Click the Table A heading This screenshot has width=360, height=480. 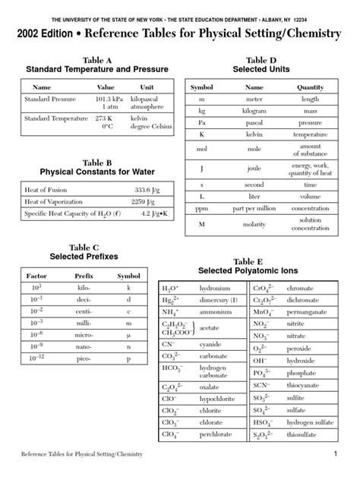[x=96, y=59]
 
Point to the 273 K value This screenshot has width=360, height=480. [x=104, y=118]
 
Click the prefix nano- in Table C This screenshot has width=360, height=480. [x=84, y=346]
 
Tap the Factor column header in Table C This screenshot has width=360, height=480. [x=36, y=276]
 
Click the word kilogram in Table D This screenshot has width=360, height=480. [x=254, y=111]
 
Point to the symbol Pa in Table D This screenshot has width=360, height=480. [x=202, y=122]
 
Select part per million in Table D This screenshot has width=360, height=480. [x=254, y=207]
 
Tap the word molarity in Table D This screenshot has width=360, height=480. [x=254, y=226]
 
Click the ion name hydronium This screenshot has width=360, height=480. [x=216, y=289]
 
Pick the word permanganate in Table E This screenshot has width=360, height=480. [x=320, y=312]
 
